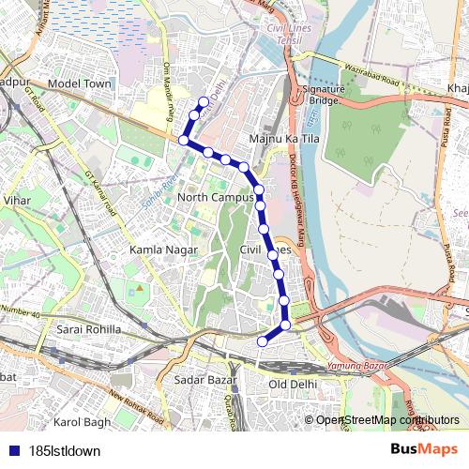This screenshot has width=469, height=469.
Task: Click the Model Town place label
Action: coord(79,83)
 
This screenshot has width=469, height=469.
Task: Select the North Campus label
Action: coord(215,199)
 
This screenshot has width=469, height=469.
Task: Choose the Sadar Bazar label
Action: coord(203,380)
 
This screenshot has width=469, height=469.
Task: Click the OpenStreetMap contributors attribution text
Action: coord(387,420)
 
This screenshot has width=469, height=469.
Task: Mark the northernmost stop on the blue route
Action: coord(204,101)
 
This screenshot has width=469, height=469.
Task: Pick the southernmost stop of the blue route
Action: coord(262,341)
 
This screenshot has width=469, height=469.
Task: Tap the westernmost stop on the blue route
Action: coord(184,141)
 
